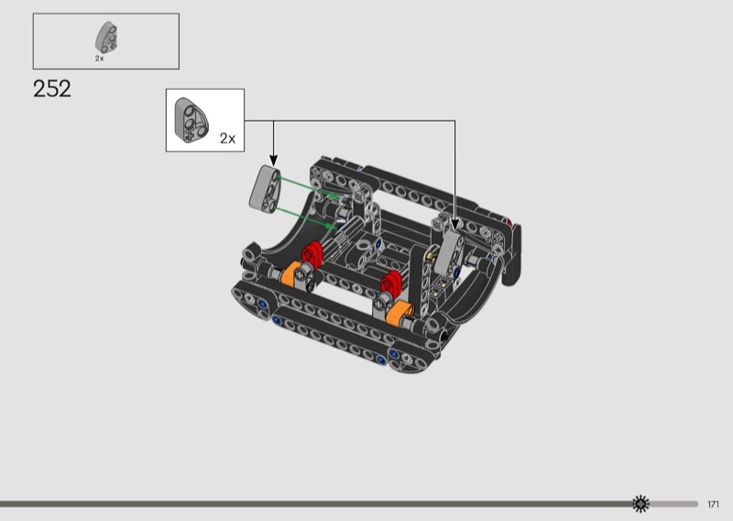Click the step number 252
tap(52, 88)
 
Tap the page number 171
tap(713, 504)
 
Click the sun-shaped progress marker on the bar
tap(640, 504)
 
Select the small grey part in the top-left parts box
tap(106, 38)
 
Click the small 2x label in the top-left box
tap(100, 59)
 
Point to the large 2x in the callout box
tap(227, 139)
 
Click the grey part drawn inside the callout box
tap(191, 120)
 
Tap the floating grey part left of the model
tap(265, 188)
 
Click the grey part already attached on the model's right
tap(450, 253)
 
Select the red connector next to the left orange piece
tap(312, 255)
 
